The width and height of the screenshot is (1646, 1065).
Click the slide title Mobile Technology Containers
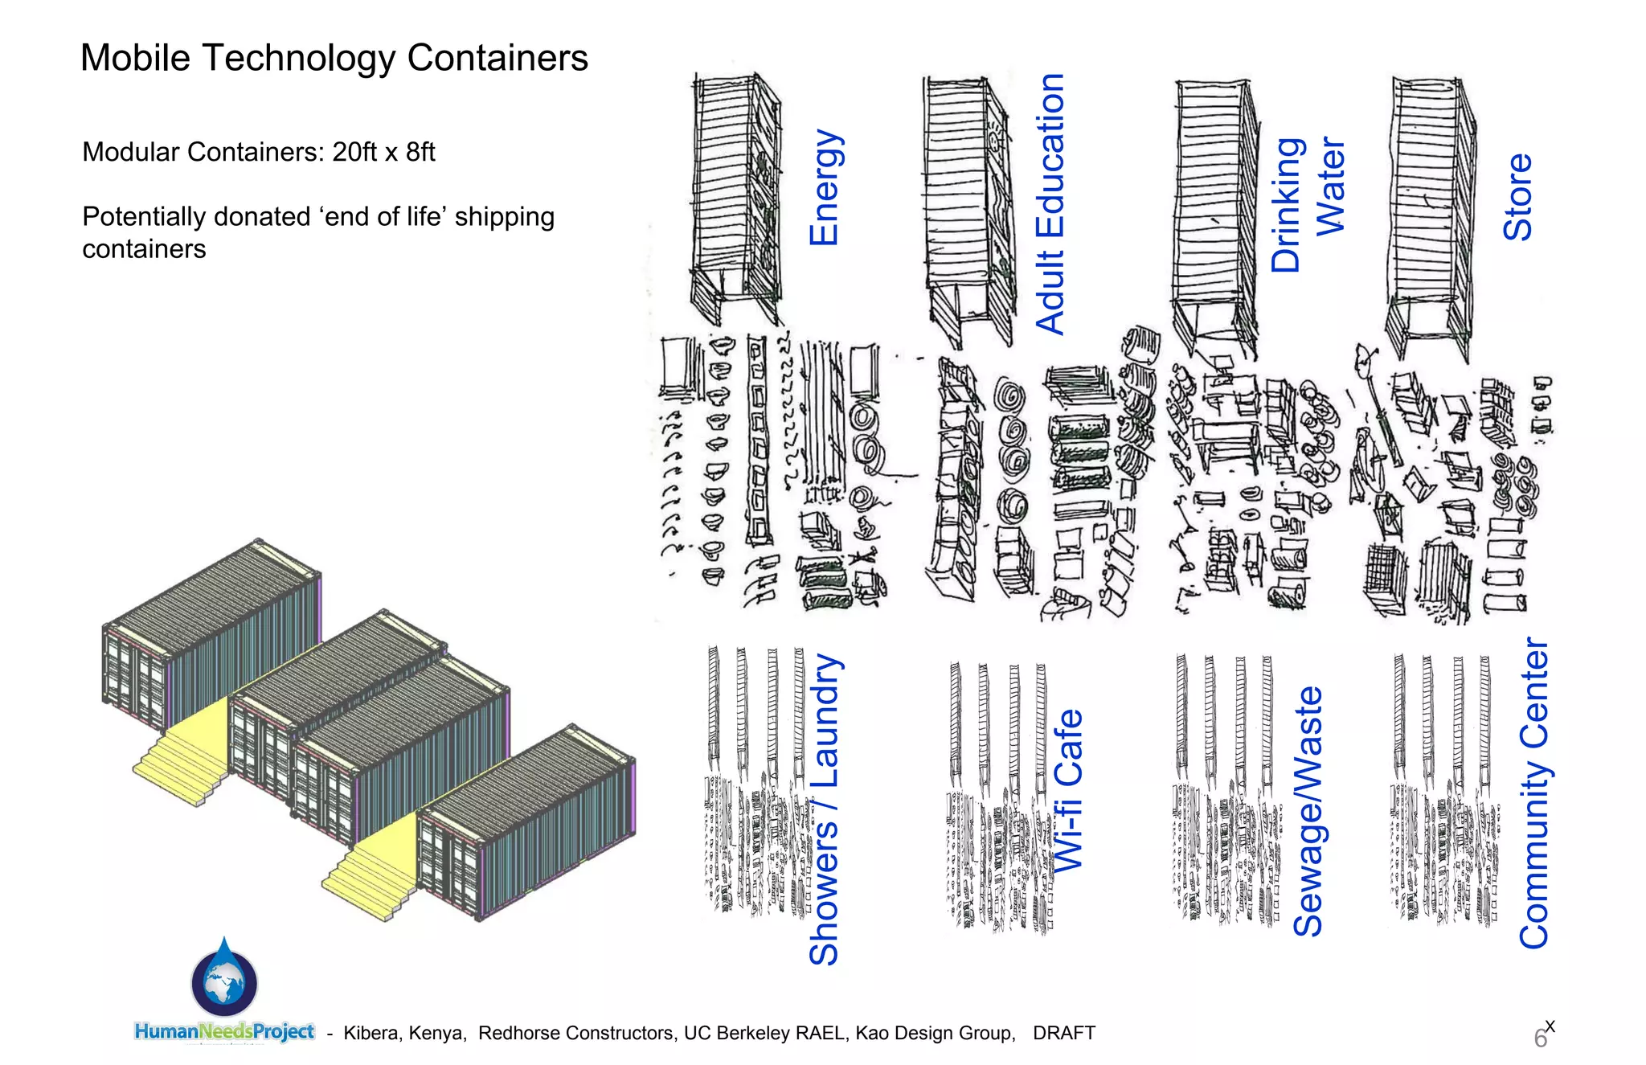pyautogui.click(x=334, y=58)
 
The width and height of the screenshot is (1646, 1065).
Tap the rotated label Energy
pyautogui.click(x=825, y=187)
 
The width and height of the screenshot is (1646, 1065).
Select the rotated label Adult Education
pyautogui.click(x=1050, y=203)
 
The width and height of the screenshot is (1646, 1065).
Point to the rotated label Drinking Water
pyautogui.click(x=1308, y=205)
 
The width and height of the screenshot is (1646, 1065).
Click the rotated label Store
pyautogui.click(x=1518, y=197)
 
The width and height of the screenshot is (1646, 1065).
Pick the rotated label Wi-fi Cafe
pyautogui.click(x=1068, y=790)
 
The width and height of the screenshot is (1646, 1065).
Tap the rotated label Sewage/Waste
pyautogui.click(x=1308, y=811)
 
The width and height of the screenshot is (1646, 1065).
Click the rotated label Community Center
pyautogui.click(x=1534, y=793)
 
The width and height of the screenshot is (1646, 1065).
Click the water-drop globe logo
pyautogui.click(x=224, y=980)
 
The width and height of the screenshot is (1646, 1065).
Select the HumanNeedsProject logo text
pyautogui.click(x=224, y=1031)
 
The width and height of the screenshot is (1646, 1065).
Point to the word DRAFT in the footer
pyautogui.click(x=1064, y=1033)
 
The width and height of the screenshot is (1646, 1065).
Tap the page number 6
pyautogui.click(x=1540, y=1038)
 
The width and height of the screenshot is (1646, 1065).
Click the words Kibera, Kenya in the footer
pyautogui.click(x=404, y=1033)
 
